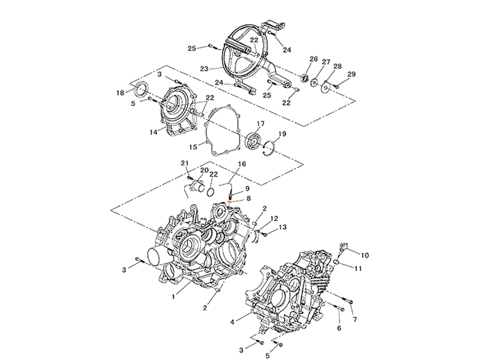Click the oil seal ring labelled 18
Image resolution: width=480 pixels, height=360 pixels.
[141, 89]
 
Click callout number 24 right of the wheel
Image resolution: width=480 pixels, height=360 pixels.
[289, 51]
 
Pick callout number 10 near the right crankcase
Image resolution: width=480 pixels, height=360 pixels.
[366, 255]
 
